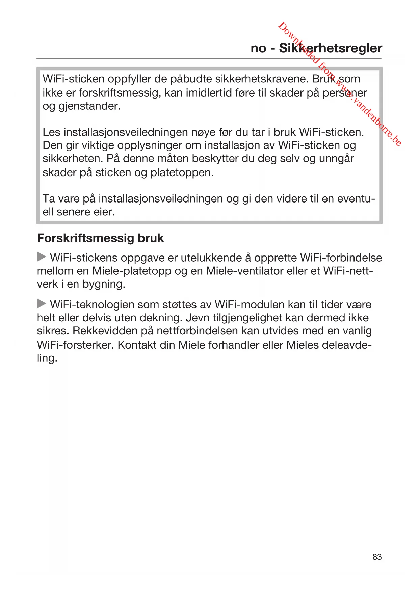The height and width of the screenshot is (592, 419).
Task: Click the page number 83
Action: (x=377, y=557)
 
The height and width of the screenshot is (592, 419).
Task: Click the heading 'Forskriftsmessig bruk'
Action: (x=100, y=238)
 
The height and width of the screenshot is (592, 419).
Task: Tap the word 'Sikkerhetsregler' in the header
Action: (x=330, y=48)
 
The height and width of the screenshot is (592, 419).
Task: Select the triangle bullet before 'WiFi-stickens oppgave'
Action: (x=42, y=257)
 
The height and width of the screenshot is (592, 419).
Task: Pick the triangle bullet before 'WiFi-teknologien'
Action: (x=42, y=304)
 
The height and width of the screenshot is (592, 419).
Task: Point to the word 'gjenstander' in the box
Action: (x=89, y=106)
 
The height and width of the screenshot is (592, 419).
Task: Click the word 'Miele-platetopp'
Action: (x=132, y=271)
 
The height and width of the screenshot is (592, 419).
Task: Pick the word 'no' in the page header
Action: (x=258, y=49)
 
